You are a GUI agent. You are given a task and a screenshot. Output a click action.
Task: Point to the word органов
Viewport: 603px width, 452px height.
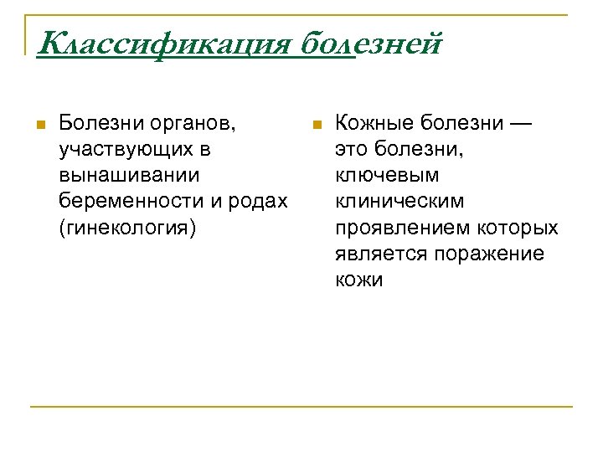[194, 124]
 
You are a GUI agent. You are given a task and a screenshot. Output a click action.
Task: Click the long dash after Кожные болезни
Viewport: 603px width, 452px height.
[520, 124]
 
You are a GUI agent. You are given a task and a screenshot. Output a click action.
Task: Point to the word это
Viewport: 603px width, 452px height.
[352, 150]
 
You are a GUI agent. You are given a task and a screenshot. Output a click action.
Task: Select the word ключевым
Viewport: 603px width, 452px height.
[387, 176]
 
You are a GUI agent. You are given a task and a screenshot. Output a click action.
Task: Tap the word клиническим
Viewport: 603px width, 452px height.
[399, 202]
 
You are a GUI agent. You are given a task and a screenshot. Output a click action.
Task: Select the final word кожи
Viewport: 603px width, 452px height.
[358, 280]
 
